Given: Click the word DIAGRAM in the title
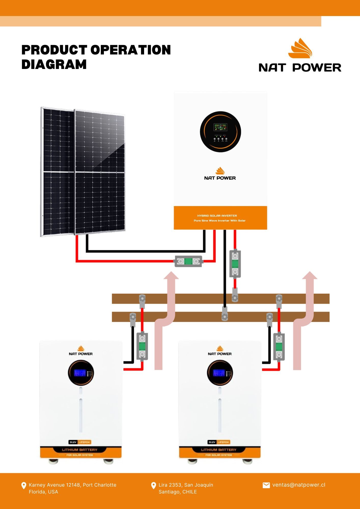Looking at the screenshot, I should (x=54, y=64).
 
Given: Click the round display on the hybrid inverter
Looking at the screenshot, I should (x=220, y=132).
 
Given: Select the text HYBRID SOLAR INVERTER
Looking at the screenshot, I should (x=217, y=216).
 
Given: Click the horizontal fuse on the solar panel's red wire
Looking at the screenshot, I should (x=188, y=261).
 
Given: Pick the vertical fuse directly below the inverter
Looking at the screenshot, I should (x=235, y=264).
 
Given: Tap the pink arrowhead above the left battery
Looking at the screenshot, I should (x=171, y=276).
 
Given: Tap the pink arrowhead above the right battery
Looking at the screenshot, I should (x=310, y=276).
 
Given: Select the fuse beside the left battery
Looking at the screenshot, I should (x=142, y=346).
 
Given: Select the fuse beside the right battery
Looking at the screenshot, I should (x=279, y=346).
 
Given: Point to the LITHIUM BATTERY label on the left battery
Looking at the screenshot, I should (x=80, y=450).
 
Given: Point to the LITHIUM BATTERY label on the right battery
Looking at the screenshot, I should (x=219, y=450).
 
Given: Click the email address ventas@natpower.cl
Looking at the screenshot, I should (x=299, y=485).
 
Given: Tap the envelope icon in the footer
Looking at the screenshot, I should (x=266, y=485).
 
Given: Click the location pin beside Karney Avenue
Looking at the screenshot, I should (x=24, y=486).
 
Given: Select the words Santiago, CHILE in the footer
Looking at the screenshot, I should (x=178, y=492).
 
